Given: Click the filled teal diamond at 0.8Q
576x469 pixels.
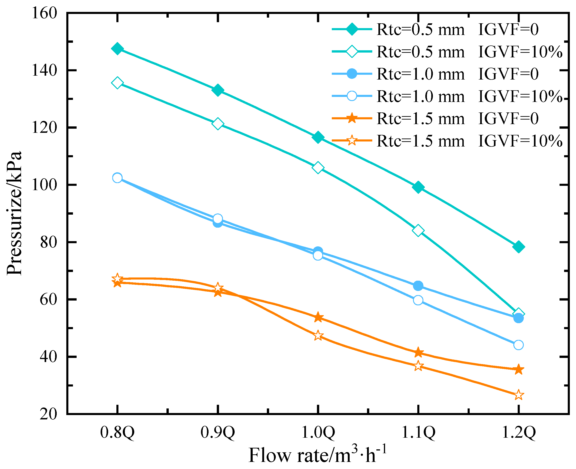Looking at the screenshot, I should tap(117, 49).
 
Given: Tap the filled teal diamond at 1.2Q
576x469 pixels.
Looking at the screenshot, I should tap(518, 247).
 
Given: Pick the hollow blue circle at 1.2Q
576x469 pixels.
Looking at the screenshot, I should tap(518, 345).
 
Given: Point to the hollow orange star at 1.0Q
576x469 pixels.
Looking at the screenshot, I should tap(318, 336).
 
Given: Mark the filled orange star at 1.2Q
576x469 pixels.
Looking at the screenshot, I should tap(518, 369).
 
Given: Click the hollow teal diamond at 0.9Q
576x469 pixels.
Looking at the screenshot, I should tap(218, 124).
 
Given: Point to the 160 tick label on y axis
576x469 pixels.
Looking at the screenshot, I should tap(45, 13).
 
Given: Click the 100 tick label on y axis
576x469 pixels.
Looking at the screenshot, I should tap(45, 185).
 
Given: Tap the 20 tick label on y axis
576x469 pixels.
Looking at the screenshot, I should tap(49, 414).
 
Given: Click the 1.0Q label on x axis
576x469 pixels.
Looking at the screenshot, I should tap(318, 432).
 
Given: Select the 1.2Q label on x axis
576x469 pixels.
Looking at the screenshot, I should tap(518, 432).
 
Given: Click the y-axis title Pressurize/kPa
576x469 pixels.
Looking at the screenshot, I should tap(14, 213).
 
